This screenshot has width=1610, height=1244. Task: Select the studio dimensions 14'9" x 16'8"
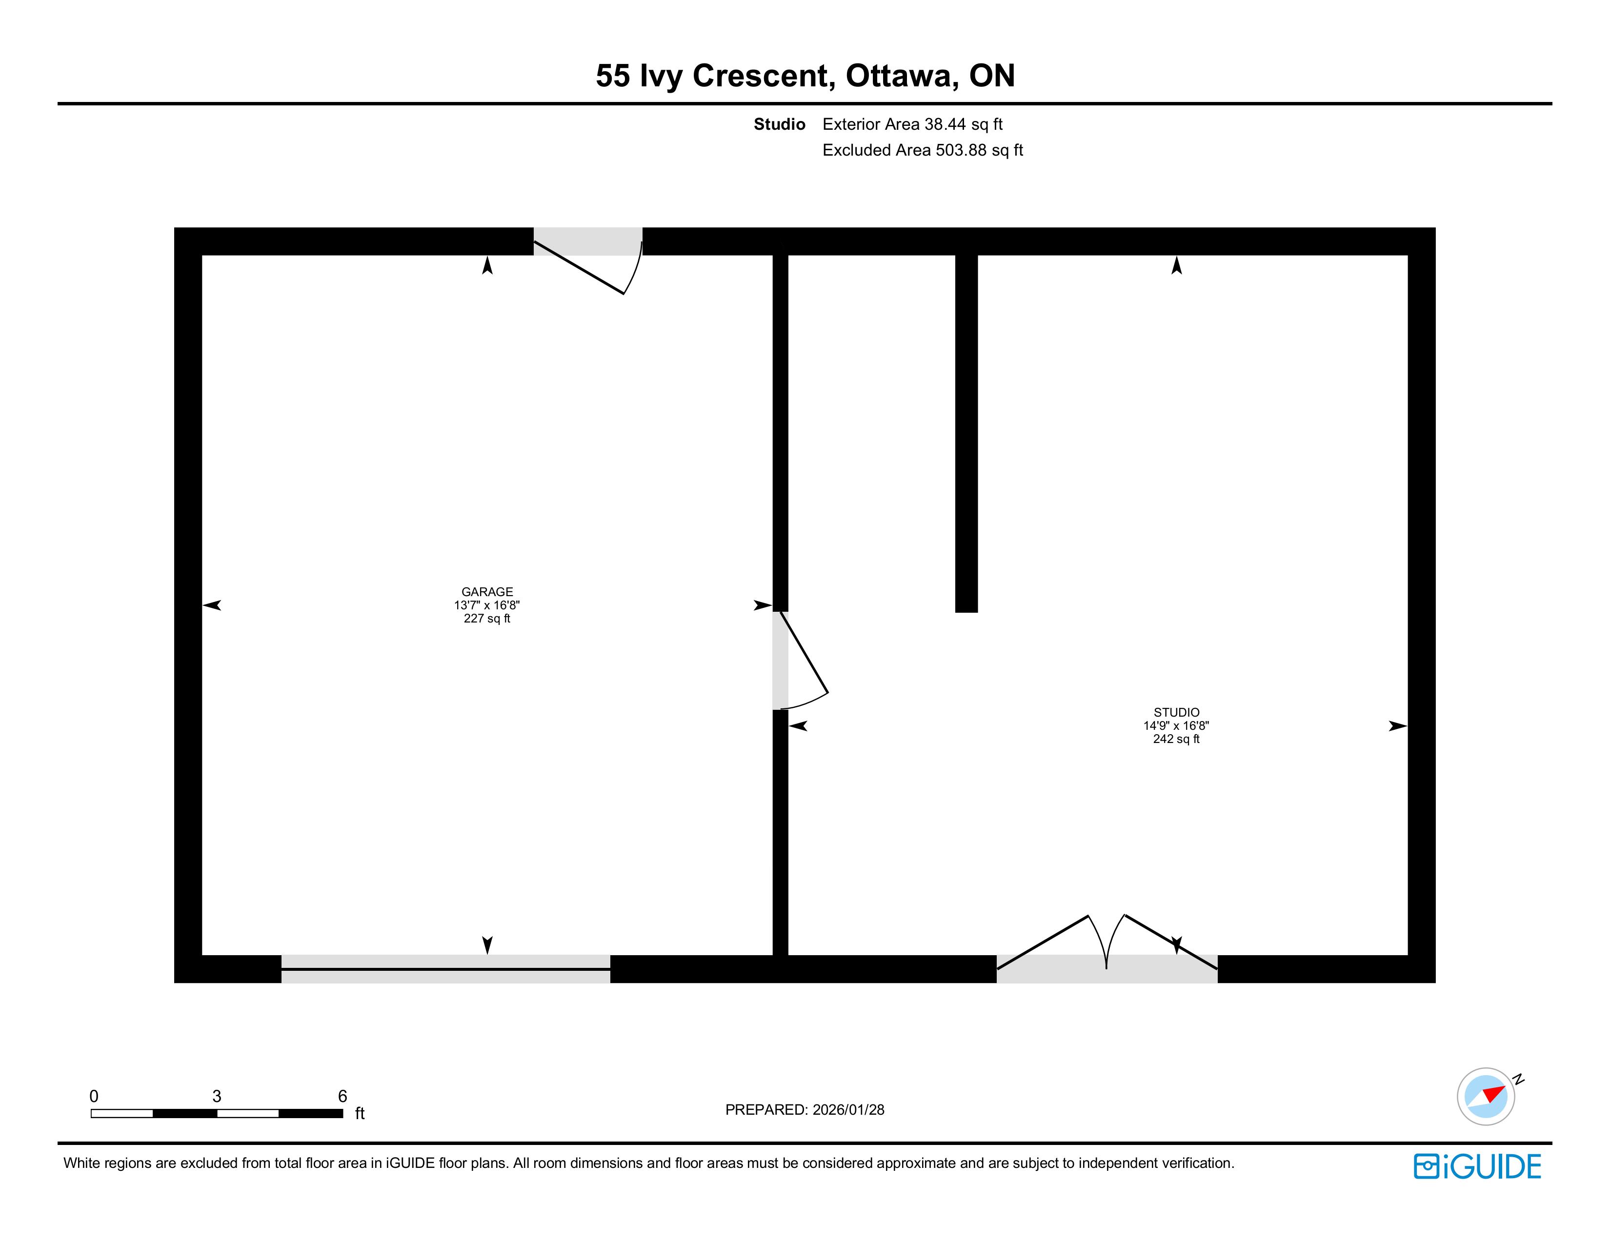point(1177,726)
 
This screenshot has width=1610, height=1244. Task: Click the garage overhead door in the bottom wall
point(446,969)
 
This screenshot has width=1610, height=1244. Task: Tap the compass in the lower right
point(1486,1097)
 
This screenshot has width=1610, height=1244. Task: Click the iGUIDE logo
point(1477,1166)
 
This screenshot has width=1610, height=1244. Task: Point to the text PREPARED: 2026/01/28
point(805,1110)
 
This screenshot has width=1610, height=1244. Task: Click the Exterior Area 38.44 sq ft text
point(913,124)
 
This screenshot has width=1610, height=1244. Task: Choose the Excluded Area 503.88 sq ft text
point(923,150)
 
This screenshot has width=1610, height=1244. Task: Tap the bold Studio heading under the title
point(779,124)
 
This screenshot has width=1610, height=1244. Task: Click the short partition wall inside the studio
point(966,433)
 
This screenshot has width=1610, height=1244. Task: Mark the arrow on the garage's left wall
point(212,605)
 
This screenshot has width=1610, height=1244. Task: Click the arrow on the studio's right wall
point(1398,726)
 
